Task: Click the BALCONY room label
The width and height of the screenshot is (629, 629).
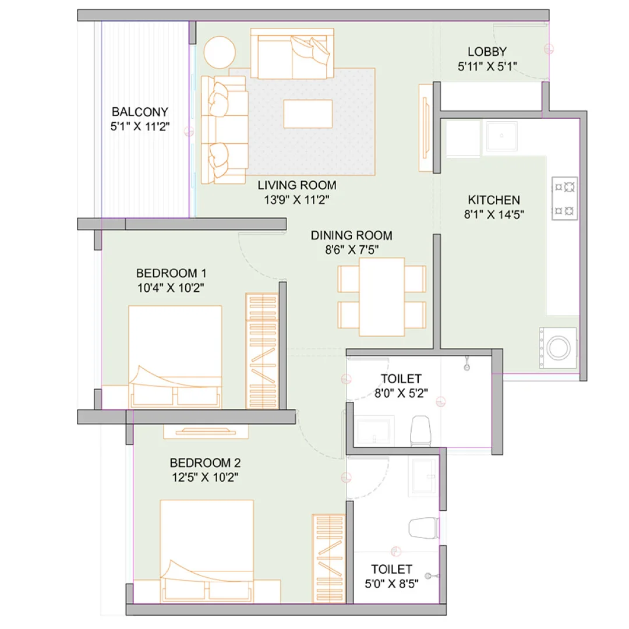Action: [x=140, y=112]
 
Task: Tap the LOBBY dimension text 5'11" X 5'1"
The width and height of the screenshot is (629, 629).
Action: [x=487, y=66]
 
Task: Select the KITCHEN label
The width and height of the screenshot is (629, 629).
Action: [x=494, y=199]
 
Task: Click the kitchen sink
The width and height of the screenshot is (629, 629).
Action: [x=501, y=136]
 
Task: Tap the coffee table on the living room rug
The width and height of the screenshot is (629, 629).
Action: [x=308, y=114]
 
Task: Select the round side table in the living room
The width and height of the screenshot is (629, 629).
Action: [x=220, y=51]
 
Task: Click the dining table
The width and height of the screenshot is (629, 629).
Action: [x=381, y=296]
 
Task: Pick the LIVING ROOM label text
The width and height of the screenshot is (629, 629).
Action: [x=297, y=186]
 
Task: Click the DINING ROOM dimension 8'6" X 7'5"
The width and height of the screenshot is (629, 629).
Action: [x=351, y=250]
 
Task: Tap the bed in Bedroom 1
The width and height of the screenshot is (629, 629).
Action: [x=175, y=355]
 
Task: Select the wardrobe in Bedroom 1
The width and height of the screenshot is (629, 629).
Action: [x=262, y=349]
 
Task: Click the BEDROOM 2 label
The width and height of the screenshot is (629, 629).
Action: [x=205, y=463]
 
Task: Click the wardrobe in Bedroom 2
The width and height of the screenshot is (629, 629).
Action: [x=329, y=558]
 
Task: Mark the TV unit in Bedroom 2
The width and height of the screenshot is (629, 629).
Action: [x=206, y=432]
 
